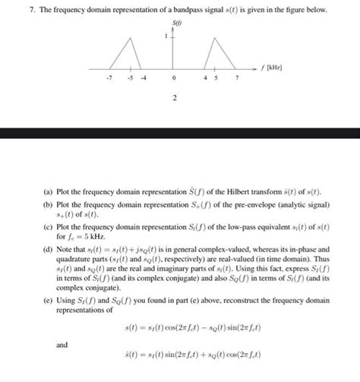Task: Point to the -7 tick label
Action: tap(110, 78)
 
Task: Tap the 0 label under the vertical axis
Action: tap(175, 78)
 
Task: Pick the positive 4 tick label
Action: tap(206, 78)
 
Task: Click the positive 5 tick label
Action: tap(216, 78)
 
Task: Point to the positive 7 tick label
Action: tap(238, 78)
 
